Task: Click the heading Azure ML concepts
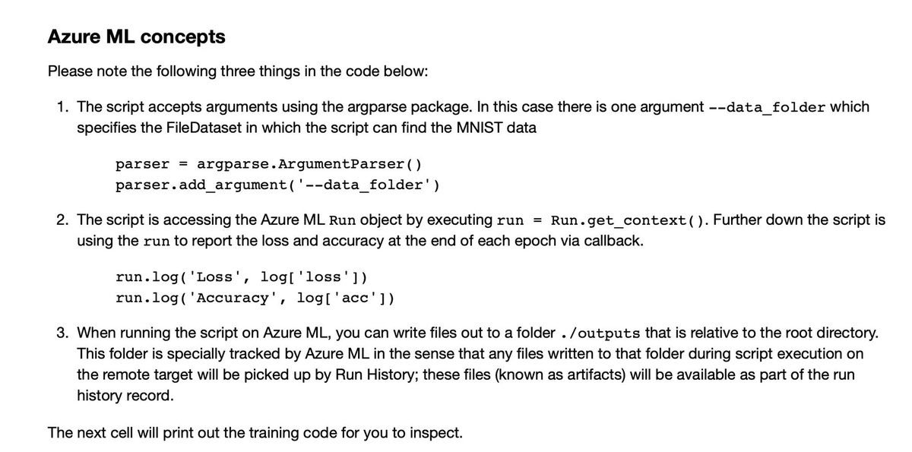(x=136, y=36)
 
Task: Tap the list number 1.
(x=62, y=107)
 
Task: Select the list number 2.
(x=62, y=220)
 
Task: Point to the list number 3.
(x=62, y=333)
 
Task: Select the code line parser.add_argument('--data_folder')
(x=277, y=185)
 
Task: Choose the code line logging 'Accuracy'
(x=255, y=298)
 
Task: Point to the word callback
(x=606, y=241)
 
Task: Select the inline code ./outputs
(x=599, y=333)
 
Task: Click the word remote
(x=112, y=375)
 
